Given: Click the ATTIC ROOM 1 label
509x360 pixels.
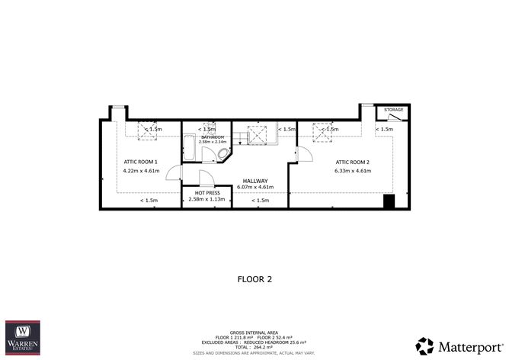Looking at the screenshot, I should [x=140, y=162].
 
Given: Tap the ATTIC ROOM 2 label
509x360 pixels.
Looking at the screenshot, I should [x=353, y=162].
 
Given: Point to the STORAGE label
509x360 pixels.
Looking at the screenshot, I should [x=393, y=110].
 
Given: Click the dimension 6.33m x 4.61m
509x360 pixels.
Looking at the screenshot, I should [x=353, y=171].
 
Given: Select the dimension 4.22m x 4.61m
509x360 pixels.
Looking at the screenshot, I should [x=140, y=171].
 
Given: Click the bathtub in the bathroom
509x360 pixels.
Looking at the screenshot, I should [x=190, y=149].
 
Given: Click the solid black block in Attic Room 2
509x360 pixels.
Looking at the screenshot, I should [x=389, y=201].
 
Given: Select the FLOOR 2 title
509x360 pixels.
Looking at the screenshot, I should [x=254, y=279].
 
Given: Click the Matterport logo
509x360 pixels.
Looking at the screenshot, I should [x=456, y=344].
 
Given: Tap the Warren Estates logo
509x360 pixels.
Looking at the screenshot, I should [x=23, y=338].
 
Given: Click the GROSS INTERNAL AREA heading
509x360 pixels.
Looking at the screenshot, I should [x=254, y=335].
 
